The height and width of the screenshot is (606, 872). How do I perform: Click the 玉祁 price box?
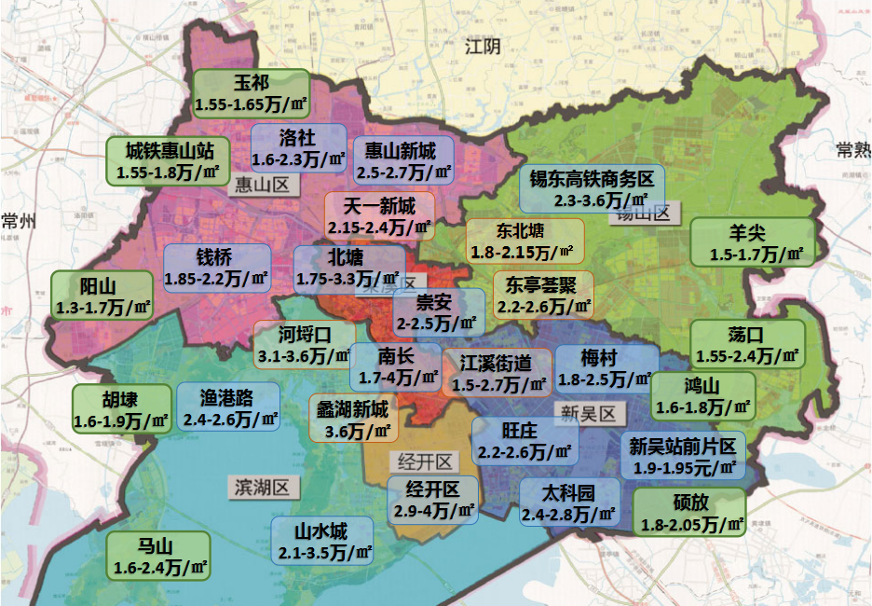(x=251, y=94)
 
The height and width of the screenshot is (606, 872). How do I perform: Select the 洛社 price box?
(x=298, y=148)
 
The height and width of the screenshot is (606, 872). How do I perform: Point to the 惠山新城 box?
(x=402, y=160)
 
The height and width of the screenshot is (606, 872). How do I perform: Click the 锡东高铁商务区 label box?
(x=593, y=189)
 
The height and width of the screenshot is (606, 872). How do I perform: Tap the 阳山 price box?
(x=102, y=295)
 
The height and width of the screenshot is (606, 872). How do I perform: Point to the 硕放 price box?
(x=688, y=512)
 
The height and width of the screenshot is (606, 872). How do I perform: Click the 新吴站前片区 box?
(x=683, y=456)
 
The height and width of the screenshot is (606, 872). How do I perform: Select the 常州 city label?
(x=18, y=221)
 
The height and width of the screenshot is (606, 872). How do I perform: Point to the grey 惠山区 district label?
(x=263, y=185)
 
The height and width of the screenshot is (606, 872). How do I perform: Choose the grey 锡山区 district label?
(x=641, y=213)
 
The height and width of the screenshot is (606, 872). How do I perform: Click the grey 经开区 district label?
(x=425, y=461)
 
